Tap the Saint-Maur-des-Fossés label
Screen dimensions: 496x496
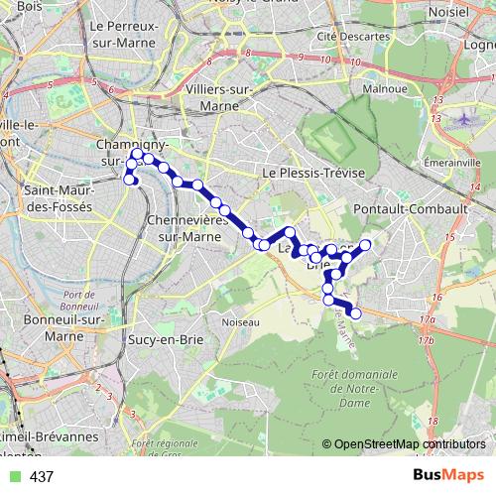pos(56,198)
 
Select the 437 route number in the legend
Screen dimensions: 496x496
pos(42,477)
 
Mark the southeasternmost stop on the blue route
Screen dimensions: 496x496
pos(356,314)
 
